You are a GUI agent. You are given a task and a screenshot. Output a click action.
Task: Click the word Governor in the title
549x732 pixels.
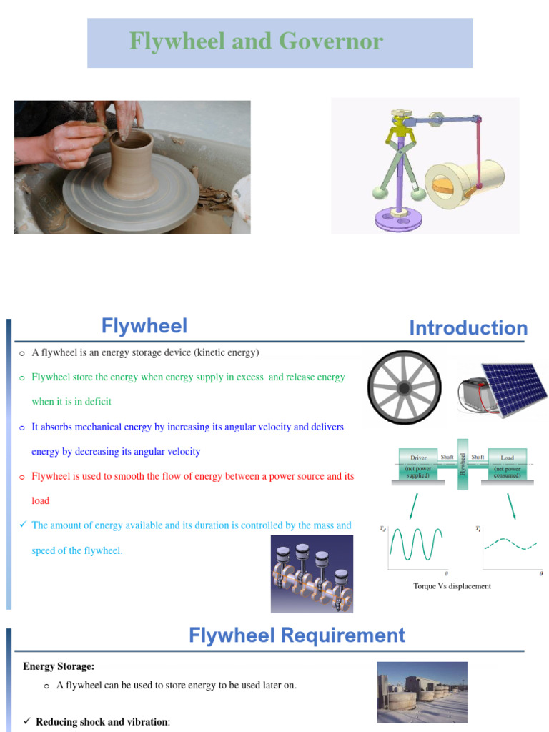point(334,42)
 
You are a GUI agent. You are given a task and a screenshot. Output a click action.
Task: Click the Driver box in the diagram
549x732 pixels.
point(418,465)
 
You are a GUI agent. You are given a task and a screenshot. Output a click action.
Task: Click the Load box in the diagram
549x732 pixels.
point(507,465)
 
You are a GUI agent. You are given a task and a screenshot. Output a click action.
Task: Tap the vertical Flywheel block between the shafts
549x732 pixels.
point(463,464)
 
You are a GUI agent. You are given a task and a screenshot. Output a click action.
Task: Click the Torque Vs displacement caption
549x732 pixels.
point(452,586)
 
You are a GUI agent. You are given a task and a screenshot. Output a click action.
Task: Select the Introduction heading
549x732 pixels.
point(468,328)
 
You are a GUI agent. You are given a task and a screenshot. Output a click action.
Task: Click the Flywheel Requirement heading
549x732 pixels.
point(297,635)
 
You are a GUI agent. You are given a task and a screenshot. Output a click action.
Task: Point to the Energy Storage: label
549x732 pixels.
point(59,666)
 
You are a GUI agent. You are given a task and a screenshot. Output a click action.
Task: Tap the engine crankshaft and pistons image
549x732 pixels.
point(312,574)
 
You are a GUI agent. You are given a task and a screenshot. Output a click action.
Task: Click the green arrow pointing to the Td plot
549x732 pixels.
point(414,503)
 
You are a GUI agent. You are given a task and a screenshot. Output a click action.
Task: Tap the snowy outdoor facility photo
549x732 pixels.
point(422,691)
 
